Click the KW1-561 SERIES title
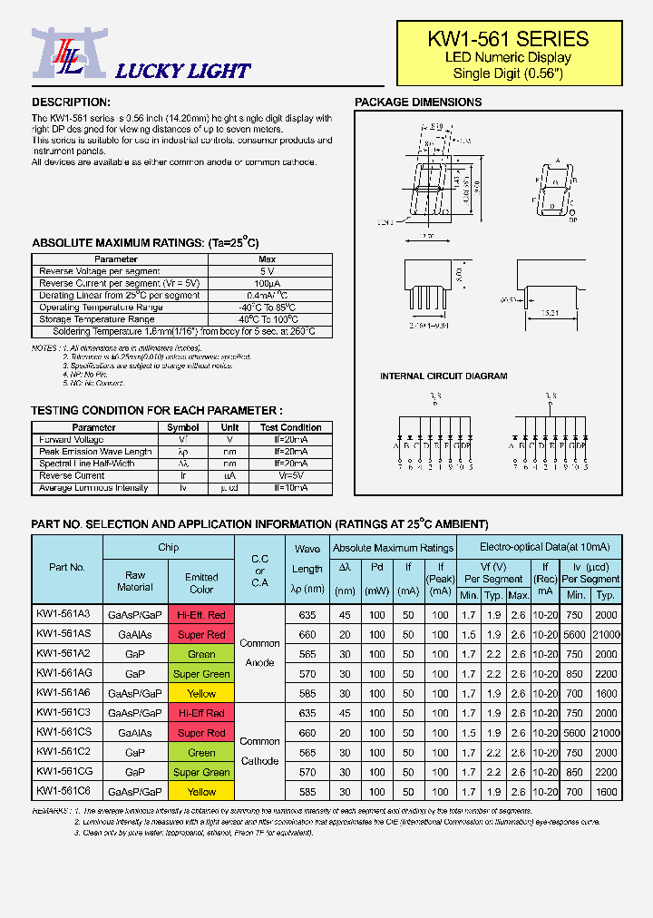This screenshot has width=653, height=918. point(508,39)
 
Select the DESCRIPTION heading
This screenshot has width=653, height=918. point(71,103)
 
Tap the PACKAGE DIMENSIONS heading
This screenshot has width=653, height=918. point(418,103)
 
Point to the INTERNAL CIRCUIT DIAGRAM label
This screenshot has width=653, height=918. point(443,376)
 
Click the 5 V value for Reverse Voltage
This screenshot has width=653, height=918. point(267,271)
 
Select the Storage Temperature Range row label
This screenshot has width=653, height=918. point(96,319)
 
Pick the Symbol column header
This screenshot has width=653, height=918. point(183,427)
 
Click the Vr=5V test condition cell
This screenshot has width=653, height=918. point(290,475)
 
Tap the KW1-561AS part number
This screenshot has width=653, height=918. point(63,634)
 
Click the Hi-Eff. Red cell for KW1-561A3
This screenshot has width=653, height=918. point(201,615)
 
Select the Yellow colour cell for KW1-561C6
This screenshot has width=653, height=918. point(201,792)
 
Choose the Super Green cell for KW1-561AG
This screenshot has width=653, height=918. point(201,674)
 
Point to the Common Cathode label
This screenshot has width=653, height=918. point(259,751)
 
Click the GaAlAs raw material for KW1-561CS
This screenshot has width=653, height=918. point(135,733)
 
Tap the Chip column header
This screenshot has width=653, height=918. point(169,548)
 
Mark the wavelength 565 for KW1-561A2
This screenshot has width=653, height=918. point(307,654)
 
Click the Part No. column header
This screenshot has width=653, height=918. point(67,567)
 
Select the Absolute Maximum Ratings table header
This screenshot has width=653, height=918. point(393,548)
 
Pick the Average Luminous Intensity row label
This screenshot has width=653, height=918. point(93,488)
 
